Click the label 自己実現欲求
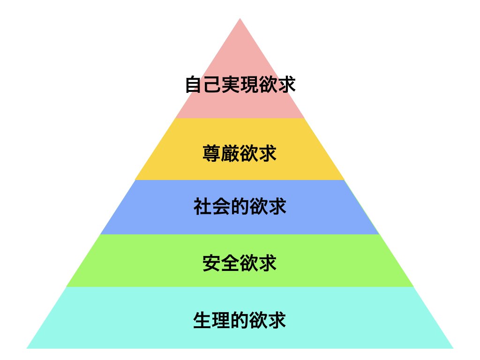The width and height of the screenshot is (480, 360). coord(240,84)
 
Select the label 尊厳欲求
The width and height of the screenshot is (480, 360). coord(240,153)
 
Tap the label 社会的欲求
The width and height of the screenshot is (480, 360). coord(240,206)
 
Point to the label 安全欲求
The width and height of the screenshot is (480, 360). coord(240,263)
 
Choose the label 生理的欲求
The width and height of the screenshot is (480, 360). coord(240,320)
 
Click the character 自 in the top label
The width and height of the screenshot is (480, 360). coord(194,84)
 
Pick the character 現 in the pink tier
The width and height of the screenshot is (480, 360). coord(249,84)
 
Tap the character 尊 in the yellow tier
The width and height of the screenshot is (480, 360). coord(211,153)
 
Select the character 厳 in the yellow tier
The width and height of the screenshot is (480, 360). coord(230,153)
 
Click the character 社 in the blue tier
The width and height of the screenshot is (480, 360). coord(202,206)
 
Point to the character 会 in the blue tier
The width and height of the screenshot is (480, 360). coord(221,206)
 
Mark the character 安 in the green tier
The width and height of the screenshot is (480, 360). coord(211,263)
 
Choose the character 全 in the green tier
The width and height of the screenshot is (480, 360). coord(230,263)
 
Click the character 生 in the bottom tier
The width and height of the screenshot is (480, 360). coord(202,320)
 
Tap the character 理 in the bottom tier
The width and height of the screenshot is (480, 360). coord(221,320)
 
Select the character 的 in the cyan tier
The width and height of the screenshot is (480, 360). coord(240,320)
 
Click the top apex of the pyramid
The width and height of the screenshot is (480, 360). coord(240,18)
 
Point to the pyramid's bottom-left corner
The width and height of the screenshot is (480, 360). coord(27,348)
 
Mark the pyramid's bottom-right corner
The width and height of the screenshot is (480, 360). coord(453,348)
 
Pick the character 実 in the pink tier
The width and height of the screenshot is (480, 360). coord(231,84)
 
